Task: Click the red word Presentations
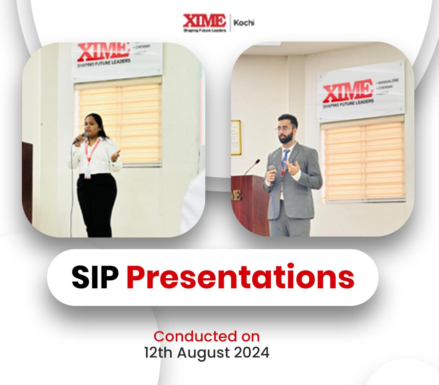240,278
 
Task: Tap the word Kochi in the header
244,23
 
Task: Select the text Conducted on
206,336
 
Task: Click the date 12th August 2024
206,353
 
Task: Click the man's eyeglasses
283,129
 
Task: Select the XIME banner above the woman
117,60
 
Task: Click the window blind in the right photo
364,161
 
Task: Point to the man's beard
285,139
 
